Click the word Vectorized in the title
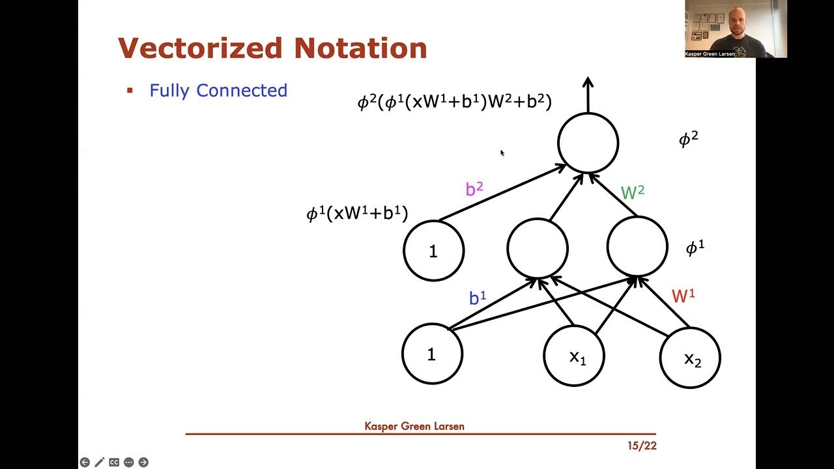pos(201,49)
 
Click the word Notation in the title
pos(360,49)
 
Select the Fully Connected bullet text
pos(218,91)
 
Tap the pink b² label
pos(474,189)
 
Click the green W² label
pos(632,192)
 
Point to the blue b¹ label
pos(478,298)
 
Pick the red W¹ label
pos(683,296)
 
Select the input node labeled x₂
pos(690,358)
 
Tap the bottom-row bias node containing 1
pos(432,354)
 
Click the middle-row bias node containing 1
pos(433,251)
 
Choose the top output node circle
pos(588,143)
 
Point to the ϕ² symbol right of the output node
pos(688,139)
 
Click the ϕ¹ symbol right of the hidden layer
pos(695,248)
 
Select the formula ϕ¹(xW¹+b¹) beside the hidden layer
pos(357,213)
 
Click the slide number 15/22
pos(642,446)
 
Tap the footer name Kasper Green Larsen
pos(414,427)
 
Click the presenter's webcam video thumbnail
pos(736,29)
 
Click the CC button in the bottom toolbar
pos(114,462)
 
